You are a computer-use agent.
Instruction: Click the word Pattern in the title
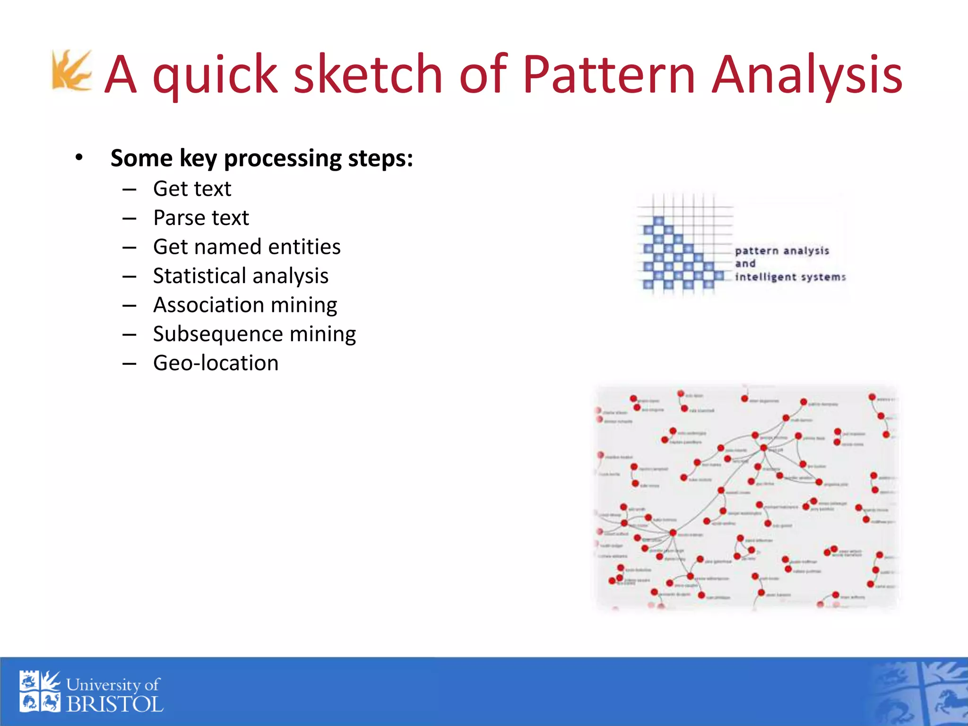608,75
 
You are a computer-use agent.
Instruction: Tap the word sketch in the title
368,75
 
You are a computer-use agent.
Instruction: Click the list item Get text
192,189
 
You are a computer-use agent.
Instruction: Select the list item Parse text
201,218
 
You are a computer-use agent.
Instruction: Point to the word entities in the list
304,247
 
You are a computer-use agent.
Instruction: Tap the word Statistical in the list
206,276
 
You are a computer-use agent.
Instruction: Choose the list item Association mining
245,305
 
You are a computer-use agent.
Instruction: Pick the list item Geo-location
216,363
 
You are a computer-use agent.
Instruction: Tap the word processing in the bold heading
283,159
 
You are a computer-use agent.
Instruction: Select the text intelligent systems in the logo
790,277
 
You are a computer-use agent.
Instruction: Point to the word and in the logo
745,264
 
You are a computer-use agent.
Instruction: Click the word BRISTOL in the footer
115,705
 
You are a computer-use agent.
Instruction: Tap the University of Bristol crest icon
40,691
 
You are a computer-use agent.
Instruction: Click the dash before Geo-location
129,363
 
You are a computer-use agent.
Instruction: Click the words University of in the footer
113,684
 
